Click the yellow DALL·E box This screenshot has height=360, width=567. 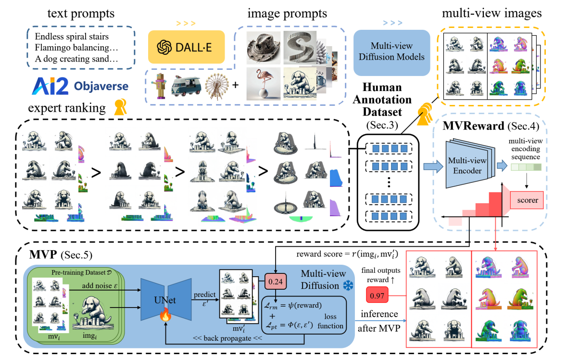point(186,47)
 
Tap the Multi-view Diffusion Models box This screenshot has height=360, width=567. point(391,51)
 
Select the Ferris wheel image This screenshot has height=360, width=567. point(218,85)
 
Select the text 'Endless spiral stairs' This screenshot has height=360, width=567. point(72,36)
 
